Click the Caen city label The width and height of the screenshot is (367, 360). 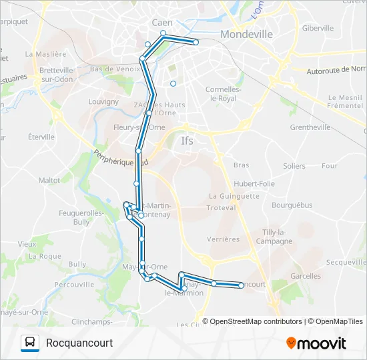(x=161, y=23)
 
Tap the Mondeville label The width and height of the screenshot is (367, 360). (x=246, y=34)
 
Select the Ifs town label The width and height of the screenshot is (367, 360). (x=188, y=141)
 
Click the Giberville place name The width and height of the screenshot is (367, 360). (x=318, y=28)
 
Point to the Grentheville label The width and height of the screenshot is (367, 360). (x=310, y=127)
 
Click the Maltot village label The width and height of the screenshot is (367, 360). (x=49, y=180)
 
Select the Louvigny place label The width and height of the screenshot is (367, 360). (x=103, y=102)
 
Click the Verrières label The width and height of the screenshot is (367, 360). (x=224, y=239)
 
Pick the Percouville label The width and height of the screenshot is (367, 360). (x=74, y=284)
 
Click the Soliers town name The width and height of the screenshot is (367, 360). (x=294, y=165)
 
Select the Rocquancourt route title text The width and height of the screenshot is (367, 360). (x=79, y=343)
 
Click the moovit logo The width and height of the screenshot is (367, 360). (x=316, y=343)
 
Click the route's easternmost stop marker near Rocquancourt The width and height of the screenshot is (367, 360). (x=242, y=286)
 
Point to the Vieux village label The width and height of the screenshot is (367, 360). (x=27, y=244)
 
